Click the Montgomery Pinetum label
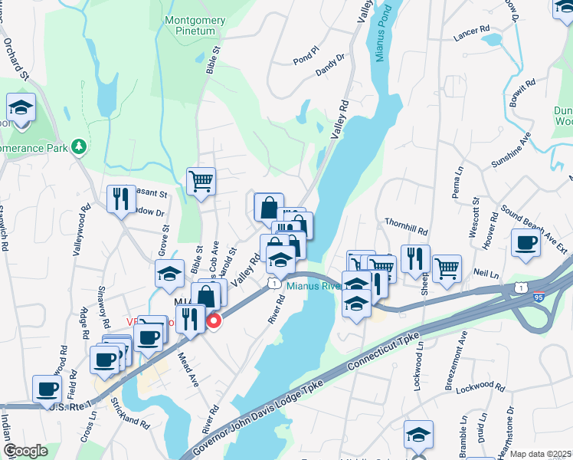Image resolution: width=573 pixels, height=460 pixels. (x=195, y=25)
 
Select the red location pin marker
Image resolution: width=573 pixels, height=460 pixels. (x=214, y=320)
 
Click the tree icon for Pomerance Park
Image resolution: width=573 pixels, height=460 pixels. (x=78, y=146)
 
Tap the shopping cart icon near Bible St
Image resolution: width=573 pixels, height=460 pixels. (x=201, y=182)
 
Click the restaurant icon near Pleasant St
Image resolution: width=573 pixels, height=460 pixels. (x=121, y=199)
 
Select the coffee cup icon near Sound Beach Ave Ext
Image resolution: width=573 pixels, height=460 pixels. (x=526, y=242)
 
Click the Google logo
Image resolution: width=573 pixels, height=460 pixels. (x=25, y=451)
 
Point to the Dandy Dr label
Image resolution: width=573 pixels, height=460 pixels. (x=330, y=67)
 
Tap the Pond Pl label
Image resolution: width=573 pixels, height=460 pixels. (x=305, y=59)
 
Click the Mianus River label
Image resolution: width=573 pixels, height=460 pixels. (x=313, y=287)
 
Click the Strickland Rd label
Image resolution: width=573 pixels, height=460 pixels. (x=129, y=412)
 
